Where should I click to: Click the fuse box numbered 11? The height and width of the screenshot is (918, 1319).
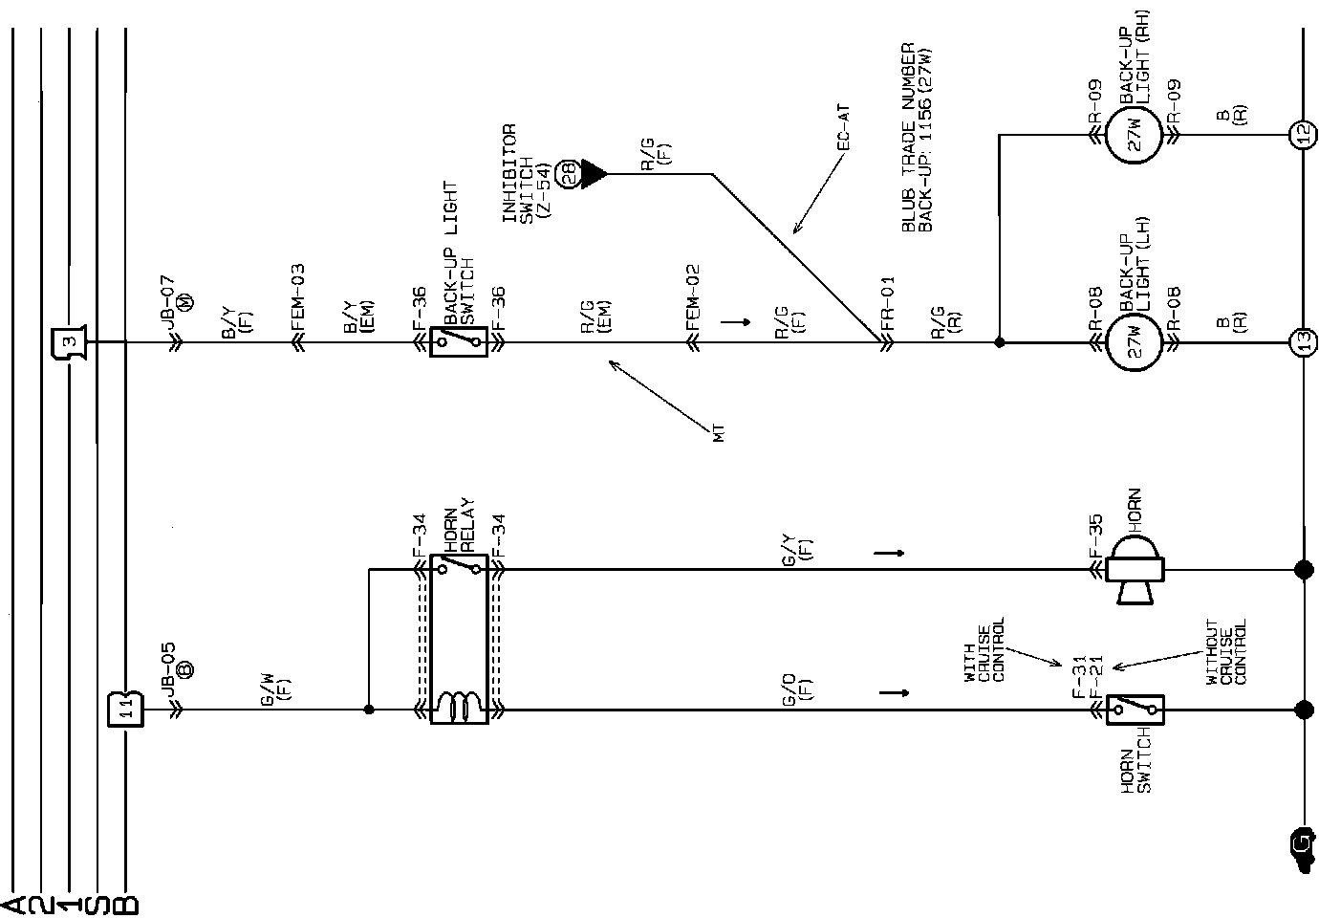click(x=125, y=710)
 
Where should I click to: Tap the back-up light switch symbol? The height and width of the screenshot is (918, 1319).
click(x=459, y=341)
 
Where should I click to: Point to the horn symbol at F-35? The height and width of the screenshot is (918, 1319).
click(x=1135, y=570)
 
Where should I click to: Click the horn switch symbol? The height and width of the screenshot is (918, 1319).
click(x=1135, y=710)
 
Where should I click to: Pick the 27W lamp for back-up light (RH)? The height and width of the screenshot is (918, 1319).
click(x=1135, y=136)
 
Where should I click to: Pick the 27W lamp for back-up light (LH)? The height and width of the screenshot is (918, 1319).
click(x=1135, y=341)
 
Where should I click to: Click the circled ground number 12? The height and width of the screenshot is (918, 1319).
click(x=1302, y=136)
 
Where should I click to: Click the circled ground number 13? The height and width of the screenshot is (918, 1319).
click(x=1302, y=341)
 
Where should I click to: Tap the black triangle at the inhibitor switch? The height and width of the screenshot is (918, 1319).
click(x=593, y=174)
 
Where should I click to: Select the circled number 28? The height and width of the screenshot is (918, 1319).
click(x=569, y=174)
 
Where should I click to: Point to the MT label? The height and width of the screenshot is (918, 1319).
click(x=719, y=433)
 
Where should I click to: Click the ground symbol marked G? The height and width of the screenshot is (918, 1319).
click(x=1300, y=842)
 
